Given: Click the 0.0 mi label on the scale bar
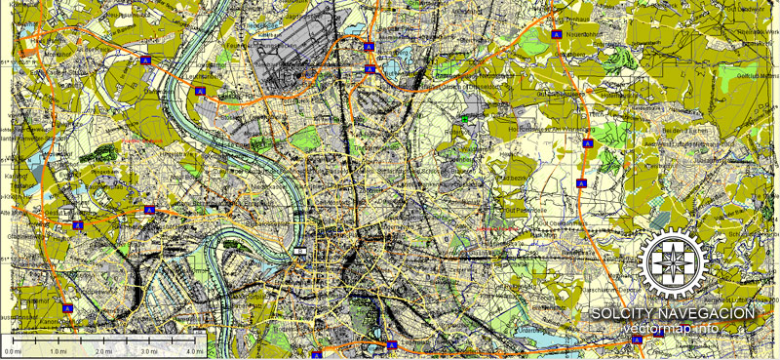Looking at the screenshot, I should (12, 350).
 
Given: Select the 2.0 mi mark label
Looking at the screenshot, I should (103, 350).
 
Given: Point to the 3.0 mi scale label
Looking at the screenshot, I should (149, 350).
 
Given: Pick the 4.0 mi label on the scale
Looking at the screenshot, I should (194, 350).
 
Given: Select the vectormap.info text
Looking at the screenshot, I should (672, 328).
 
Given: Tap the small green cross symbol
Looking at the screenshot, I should (465, 120).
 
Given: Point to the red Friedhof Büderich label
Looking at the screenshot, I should (140, 142).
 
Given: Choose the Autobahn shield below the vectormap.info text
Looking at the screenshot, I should (636, 340).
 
